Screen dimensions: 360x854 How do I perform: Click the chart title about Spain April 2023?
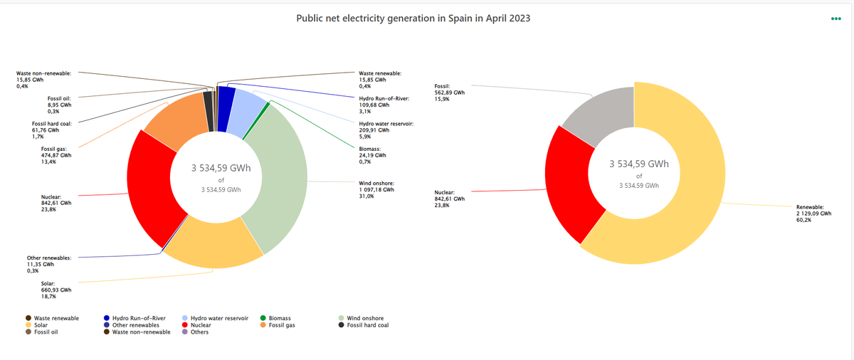[413, 18]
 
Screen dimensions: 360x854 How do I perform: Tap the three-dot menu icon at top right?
[835, 18]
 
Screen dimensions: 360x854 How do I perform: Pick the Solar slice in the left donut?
[213, 246]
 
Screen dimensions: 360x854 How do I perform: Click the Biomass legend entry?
[275, 318]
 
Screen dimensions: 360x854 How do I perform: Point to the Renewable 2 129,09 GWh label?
[813, 213]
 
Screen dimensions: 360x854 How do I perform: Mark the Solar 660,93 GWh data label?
[56, 290]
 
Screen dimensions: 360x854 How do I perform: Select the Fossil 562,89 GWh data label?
[449, 92]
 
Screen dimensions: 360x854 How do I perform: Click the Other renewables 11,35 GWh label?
[48, 264]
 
